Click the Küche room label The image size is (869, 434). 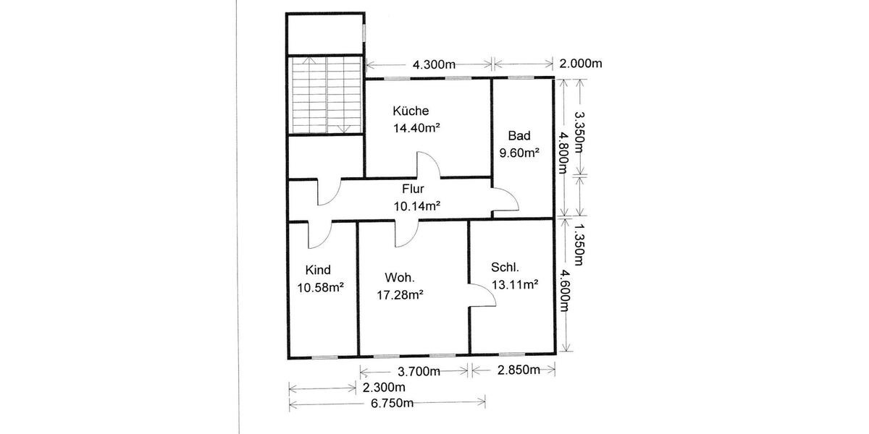pyautogui.click(x=411, y=111)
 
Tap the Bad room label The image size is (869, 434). pyautogui.click(x=519, y=136)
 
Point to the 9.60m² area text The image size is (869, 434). pyautogui.click(x=519, y=153)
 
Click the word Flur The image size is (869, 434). pyautogui.click(x=413, y=190)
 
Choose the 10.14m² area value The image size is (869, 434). pyautogui.click(x=417, y=206)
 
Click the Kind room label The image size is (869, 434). pyautogui.click(x=318, y=271)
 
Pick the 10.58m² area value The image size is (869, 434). pyautogui.click(x=320, y=287)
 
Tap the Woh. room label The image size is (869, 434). pyautogui.click(x=399, y=278)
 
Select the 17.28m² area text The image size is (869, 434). pyautogui.click(x=400, y=294)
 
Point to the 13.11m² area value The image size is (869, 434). pyautogui.click(x=514, y=284)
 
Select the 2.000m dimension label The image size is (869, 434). pyautogui.click(x=581, y=64)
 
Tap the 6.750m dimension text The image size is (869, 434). pyautogui.click(x=388, y=402)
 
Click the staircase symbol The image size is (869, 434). pyautogui.click(x=325, y=95)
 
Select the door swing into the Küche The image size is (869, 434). pyautogui.click(x=427, y=165)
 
